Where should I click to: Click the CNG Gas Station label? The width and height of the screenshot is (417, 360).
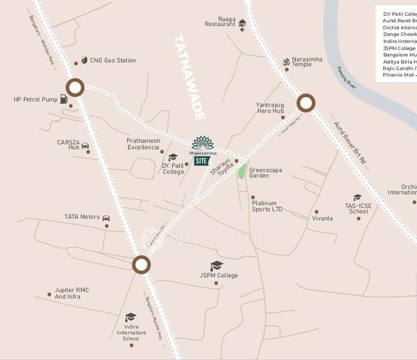(113, 61)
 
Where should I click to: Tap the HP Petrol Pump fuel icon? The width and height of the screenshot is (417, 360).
(64, 100)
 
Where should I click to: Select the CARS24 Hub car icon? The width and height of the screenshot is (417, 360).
(86, 146)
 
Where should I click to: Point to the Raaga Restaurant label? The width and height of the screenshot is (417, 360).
(220, 21)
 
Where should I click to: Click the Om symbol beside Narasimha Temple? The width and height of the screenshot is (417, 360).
(286, 60)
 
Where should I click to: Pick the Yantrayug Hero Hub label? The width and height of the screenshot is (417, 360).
(270, 108)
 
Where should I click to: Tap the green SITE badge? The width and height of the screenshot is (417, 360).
(201, 161)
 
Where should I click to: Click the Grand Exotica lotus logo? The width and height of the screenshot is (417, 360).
(203, 143)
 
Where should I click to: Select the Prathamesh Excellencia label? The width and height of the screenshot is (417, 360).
(143, 144)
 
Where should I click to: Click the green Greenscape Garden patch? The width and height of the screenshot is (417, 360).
(241, 170)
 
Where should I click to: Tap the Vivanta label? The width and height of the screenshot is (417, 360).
(322, 218)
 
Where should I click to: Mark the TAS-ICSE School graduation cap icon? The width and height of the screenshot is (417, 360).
(357, 197)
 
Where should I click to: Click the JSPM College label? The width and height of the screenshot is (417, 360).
(219, 276)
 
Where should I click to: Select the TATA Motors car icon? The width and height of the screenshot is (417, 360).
(106, 218)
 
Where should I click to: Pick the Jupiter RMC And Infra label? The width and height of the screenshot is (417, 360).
(71, 294)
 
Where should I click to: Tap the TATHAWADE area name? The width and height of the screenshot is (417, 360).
(189, 78)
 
